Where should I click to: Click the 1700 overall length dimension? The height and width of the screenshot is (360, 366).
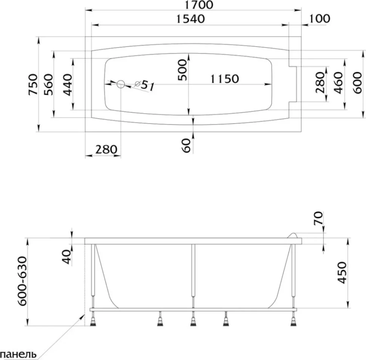point(198,5)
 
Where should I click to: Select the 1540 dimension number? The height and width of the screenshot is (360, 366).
point(190,19)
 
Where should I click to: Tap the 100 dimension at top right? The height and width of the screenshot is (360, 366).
point(320,18)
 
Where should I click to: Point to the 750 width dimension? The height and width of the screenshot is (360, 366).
point(33,84)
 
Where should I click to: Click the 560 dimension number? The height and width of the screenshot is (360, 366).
point(49,84)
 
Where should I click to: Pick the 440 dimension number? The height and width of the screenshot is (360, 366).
point(68,84)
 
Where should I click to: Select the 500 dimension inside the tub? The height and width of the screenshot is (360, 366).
point(182,70)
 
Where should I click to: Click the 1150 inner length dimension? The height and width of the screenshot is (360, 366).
point(225,79)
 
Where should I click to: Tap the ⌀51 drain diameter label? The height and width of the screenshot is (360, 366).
point(145,85)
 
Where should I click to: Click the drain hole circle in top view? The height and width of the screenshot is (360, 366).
point(121,84)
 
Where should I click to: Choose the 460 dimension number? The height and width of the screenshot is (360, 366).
point(338,83)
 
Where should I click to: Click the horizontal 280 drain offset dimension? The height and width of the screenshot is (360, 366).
point(106,149)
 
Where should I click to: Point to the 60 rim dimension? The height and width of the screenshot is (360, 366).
point(186,146)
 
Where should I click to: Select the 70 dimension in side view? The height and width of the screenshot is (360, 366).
point(318,218)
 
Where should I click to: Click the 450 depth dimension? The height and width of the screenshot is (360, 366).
point(342,273)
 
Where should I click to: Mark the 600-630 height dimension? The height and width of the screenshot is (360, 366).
point(23,281)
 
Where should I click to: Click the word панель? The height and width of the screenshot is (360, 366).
point(18,355)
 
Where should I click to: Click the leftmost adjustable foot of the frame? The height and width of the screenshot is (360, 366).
point(93,319)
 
